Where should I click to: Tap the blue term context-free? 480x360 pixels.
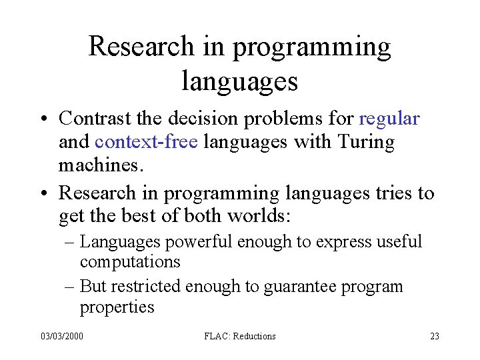[147, 142]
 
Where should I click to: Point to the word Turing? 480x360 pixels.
[367, 142]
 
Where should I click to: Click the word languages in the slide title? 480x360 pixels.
[239, 81]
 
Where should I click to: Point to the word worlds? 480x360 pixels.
[253, 216]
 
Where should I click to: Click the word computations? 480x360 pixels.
[130, 262]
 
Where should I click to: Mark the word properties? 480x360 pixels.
[117, 307]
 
